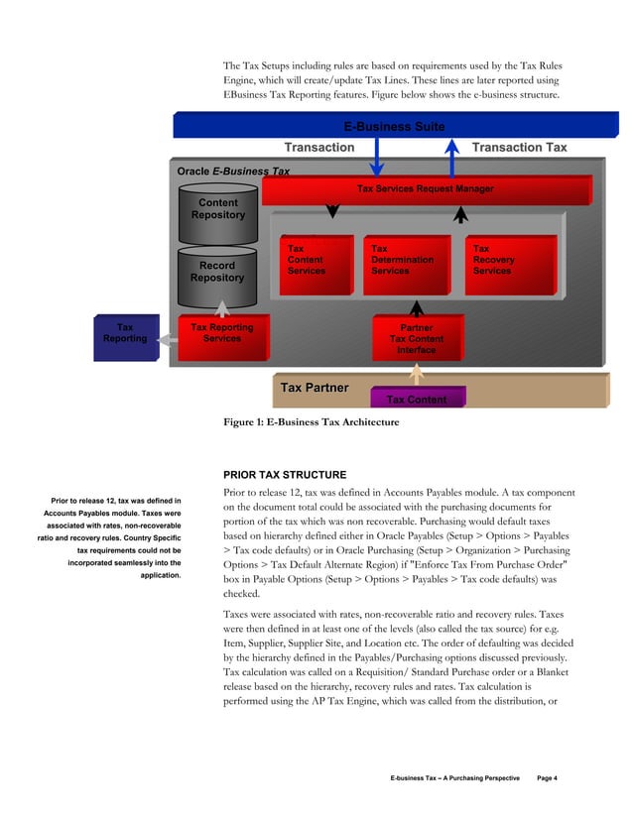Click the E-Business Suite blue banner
coord(393,126)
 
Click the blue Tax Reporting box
coord(126,337)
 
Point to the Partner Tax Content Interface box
coord(417,338)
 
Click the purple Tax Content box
coord(416,399)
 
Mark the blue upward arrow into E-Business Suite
coord(452,157)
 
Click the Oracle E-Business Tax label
coord(233,172)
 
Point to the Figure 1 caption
coord(312,422)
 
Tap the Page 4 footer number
coord(548,778)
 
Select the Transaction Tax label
coord(519,148)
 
